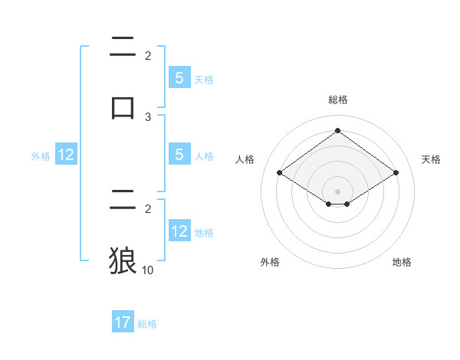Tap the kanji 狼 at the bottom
[123, 261]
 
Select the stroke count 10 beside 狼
[148, 270]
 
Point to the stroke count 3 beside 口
[148, 117]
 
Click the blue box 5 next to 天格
[179, 78]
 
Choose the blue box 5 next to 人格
[179, 155]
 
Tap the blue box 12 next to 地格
[179, 231]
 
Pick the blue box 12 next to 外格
[66, 155]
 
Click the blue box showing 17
[123, 322]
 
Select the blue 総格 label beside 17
[147, 324]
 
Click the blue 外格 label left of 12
[41, 156]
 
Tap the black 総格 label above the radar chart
[337, 100]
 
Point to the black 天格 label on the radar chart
[431, 159]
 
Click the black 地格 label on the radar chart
[402, 262]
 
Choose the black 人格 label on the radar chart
[245, 159]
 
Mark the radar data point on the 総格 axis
[337, 131]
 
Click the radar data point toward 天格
[396, 173]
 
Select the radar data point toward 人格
[279, 173]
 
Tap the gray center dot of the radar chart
[337, 191]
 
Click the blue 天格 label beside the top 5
[204, 80]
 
